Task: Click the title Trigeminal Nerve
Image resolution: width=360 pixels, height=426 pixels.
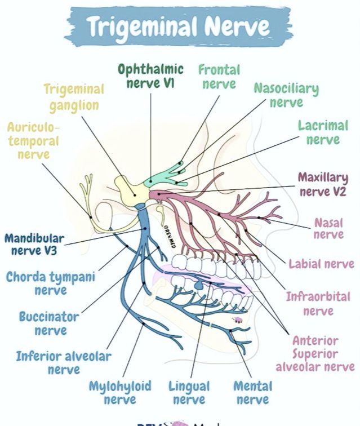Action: coord(179,26)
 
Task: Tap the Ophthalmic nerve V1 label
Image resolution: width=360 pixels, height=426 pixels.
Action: coord(151,76)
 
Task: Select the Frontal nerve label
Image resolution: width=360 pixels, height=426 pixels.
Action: coord(219,77)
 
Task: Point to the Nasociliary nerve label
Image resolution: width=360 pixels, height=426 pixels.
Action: coord(286,95)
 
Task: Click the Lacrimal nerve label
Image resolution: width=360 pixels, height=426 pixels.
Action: coord(323,132)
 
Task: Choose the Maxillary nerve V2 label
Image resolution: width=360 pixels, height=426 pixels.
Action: coord(323,184)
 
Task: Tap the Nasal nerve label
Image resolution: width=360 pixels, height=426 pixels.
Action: coord(328,228)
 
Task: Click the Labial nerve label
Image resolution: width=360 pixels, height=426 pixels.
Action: coord(322,264)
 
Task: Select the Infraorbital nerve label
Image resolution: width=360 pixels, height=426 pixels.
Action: coord(318,304)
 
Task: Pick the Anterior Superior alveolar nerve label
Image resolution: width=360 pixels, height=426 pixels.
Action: coord(315,353)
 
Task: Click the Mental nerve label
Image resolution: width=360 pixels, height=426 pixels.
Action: coord(253,393)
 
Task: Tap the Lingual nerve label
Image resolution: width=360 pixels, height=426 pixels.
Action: coord(189,393)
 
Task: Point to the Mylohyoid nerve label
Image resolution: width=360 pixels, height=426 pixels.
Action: coord(120,393)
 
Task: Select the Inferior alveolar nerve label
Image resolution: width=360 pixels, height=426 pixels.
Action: coord(64,363)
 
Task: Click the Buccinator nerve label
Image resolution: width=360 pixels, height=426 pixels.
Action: coord(49,323)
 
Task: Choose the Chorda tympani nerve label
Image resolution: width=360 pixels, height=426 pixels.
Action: coord(51,283)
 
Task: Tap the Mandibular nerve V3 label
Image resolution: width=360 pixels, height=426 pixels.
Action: coord(34,245)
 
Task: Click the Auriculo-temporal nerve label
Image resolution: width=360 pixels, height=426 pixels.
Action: coord(33,141)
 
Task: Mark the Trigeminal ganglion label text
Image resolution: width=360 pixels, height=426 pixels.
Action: coord(74,98)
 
